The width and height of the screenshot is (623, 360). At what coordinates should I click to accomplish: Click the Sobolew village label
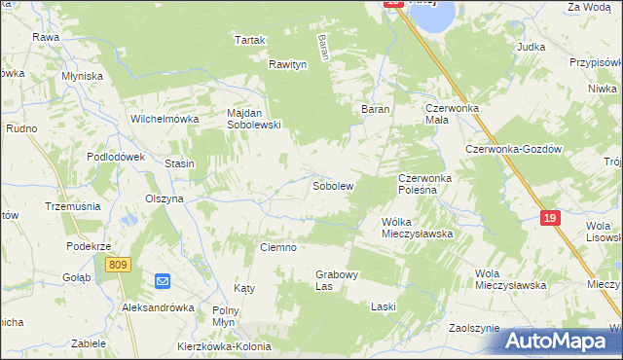click(x=332, y=185)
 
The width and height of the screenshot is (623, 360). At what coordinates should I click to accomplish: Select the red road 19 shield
click(x=551, y=219)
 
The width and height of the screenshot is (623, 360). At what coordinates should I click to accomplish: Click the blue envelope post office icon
click(x=163, y=282)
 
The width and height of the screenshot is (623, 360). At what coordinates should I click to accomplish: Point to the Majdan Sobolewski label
click(x=254, y=118)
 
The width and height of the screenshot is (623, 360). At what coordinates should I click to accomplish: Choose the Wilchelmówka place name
click(x=165, y=119)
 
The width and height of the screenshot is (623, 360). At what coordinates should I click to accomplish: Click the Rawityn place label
click(x=288, y=64)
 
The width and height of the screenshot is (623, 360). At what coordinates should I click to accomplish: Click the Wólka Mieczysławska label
click(x=418, y=228)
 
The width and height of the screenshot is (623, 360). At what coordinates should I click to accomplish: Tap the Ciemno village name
click(x=277, y=247)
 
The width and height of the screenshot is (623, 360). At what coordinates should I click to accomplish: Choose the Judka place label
click(x=531, y=47)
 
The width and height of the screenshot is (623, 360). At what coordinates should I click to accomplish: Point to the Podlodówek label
click(x=115, y=157)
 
